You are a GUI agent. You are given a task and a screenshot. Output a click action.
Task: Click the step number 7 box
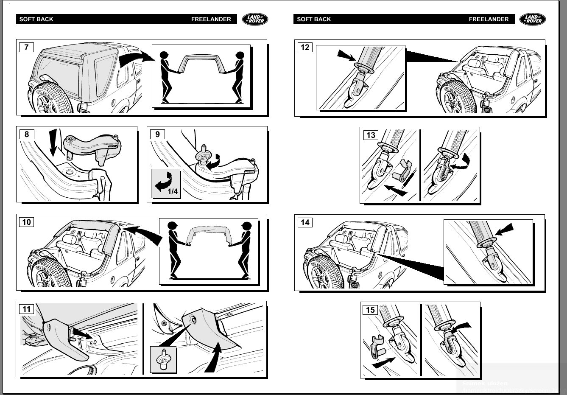click(x=26, y=47)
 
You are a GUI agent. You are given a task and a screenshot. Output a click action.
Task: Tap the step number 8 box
click(x=26, y=134)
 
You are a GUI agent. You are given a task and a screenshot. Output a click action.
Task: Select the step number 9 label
click(x=157, y=134)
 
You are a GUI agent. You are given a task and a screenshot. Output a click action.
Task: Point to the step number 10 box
click(x=26, y=222)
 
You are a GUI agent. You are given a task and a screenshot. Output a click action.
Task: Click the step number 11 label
click(x=27, y=309)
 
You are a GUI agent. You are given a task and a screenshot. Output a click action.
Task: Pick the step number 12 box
click(x=304, y=48)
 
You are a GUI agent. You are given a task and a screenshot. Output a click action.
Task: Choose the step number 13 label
click(x=370, y=135)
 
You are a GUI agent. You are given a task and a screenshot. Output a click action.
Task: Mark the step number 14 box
click(x=304, y=223)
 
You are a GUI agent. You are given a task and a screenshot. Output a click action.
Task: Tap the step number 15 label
click(x=370, y=310)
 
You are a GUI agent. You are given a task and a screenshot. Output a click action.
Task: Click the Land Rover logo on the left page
click(x=255, y=19)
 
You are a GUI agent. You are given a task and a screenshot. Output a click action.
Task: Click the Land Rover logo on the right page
click(x=533, y=19)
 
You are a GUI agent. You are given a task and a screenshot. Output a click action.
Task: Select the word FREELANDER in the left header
click(x=211, y=19)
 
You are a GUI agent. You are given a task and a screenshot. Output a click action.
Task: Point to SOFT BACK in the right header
click(x=314, y=19)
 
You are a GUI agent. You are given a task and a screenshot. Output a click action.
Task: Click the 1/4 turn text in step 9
click(x=173, y=191)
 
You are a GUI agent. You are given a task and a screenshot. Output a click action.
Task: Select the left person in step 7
click(x=165, y=76)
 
